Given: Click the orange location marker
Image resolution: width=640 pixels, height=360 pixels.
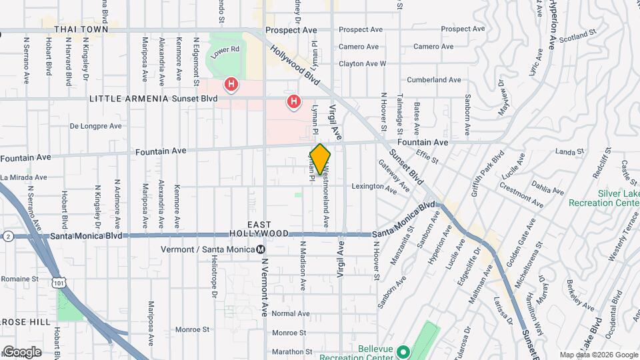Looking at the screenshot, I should tap(321, 159).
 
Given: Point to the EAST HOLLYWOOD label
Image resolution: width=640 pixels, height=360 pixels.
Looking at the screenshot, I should tap(259, 229).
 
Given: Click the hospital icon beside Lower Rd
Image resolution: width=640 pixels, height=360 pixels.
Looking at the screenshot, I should tap(231, 84).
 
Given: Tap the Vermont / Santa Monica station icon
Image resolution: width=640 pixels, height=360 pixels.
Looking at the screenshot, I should tap(261, 249).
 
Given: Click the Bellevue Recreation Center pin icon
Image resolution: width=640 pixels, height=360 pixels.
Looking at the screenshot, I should tap(403, 351).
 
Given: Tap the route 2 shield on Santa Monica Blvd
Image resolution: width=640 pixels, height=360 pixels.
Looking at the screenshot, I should tap(8, 236).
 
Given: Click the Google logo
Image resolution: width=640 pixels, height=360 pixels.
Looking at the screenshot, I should tap(22, 351).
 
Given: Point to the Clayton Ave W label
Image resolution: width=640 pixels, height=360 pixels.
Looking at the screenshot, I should tap(362, 64).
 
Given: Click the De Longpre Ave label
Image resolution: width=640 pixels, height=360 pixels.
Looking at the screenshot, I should tap(96, 125).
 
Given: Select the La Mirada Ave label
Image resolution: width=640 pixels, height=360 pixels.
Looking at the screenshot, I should tap(24, 177).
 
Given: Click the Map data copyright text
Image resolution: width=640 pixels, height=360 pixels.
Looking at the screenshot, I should tap(598, 355).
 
